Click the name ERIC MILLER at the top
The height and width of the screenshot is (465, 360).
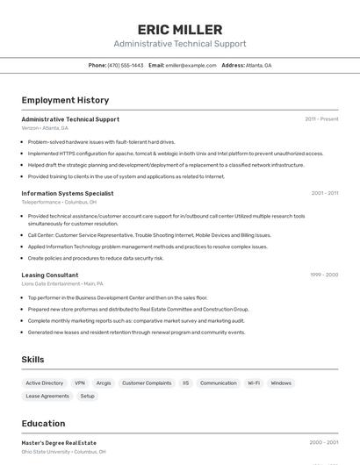coord(179,30)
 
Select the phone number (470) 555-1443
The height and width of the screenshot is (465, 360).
coord(125,65)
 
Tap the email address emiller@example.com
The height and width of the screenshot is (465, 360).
coord(191,65)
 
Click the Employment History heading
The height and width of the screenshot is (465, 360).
coord(65,100)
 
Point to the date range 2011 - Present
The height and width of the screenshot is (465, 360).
coord(321,118)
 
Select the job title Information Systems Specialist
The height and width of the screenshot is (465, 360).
coord(68,193)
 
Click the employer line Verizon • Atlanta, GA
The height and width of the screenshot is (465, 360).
coord(45,127)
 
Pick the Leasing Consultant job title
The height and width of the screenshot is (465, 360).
coord(50,275)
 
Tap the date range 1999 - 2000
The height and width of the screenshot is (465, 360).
coord(324,275)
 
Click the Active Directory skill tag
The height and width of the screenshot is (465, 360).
coord(45,383)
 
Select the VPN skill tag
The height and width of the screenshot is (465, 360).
coord(80,383)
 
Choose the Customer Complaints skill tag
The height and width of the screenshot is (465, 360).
coord(147,383)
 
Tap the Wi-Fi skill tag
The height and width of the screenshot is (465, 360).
coord(253,383)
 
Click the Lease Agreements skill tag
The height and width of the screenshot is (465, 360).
coord(47,397)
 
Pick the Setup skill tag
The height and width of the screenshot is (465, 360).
coord(88,397)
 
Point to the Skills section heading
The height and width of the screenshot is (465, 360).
coord(32,360)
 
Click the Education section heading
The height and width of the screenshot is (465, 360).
coord(43,424)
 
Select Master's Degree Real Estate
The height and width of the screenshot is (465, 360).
coord(59,442)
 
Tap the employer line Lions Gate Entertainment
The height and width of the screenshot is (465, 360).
coord(51,283)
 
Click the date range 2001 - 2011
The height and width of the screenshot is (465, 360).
coord(324,193)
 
